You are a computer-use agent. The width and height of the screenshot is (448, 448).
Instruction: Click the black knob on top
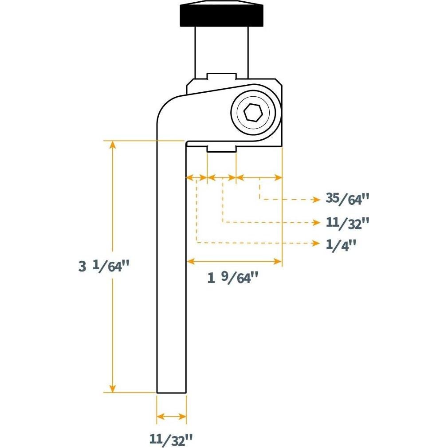[x=221, y=15]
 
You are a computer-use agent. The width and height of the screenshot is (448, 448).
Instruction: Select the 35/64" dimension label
[x=347, y=199]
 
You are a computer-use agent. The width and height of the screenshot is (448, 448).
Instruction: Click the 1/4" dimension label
[x=341, y=244]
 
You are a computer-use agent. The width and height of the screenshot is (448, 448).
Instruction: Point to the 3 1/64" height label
[x=104, y=267]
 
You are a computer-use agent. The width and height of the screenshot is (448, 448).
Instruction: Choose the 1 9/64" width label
[x=233, y=278]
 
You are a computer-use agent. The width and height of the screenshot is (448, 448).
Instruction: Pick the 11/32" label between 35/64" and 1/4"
[x=347, y=222]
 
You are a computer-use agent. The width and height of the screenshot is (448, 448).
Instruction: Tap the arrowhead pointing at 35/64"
[x=317, y=199]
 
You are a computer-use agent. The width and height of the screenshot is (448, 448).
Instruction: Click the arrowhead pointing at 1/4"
[x=317, y=244]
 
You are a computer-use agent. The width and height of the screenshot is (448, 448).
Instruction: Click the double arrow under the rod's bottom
[x=171, y=417]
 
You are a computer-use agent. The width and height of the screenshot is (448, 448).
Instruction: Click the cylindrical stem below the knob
[x=220, y=51]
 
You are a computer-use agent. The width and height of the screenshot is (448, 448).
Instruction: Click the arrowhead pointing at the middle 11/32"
[x=317, y=221]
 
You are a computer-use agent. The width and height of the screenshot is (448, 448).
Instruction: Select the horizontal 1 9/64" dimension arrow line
[x=234, y=262]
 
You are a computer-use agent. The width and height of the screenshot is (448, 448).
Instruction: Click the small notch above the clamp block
[x=220, y=76]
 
